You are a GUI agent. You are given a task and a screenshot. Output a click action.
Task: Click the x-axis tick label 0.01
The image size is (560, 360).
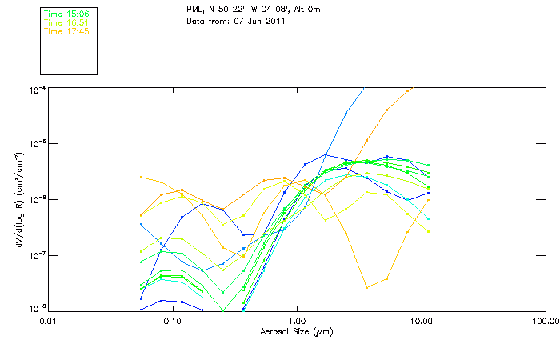point(48,321)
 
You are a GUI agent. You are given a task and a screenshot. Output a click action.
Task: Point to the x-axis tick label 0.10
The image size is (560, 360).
point(172,321)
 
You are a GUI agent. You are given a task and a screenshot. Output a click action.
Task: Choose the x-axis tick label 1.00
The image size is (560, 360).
point(297,321)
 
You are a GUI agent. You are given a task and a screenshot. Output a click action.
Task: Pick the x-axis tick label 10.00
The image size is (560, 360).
point(421,321)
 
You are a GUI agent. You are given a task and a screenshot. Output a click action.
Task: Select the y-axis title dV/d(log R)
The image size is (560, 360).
point(19,199)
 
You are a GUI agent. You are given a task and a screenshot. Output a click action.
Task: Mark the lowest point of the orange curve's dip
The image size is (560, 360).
point(366,287)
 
